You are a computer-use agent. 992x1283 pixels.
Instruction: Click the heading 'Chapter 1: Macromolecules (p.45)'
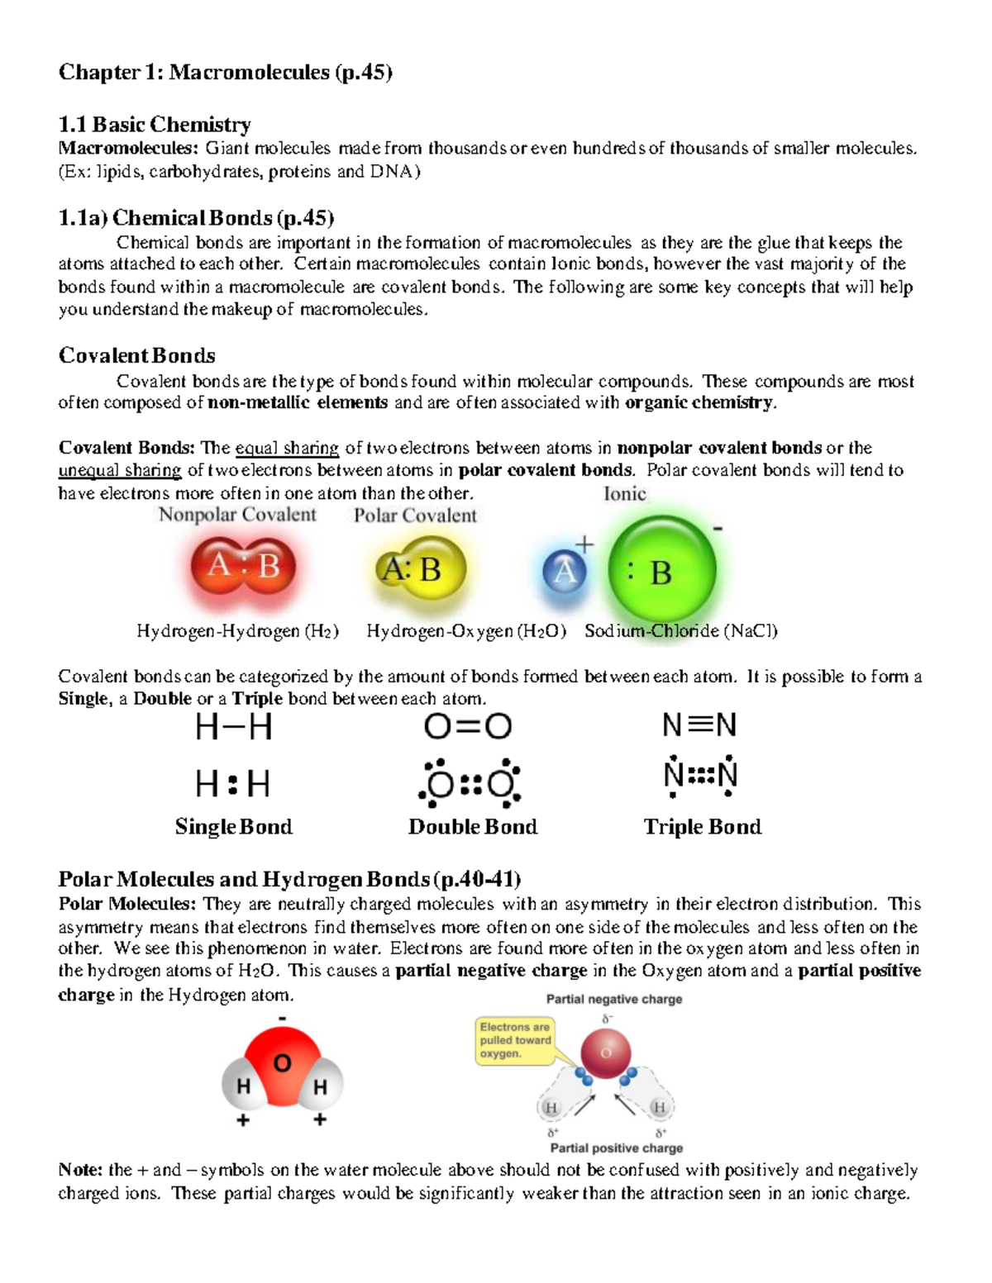tap(225, 73)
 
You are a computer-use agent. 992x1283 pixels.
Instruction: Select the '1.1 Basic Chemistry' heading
tap(155, 125)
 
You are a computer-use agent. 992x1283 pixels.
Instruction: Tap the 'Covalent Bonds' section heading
tap(136, 356)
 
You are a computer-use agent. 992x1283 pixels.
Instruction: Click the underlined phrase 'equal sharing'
tap(287, 449)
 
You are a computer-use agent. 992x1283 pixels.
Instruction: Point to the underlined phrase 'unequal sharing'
tap(120, 471)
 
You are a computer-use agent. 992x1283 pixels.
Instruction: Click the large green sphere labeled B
tap(661, 572)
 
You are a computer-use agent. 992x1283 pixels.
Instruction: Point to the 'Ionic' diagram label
tap(624, 494)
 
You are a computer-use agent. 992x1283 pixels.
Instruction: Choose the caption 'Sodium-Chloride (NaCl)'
tap(681, 631)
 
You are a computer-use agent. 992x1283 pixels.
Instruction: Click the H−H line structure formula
tap(233, 728)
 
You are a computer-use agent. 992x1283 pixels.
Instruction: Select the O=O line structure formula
tap(468, 727)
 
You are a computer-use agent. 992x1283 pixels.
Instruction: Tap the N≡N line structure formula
tap(699, 726)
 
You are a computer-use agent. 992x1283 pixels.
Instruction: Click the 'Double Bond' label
tap(473, 827)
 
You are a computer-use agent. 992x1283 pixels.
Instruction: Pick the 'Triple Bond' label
tap(703, 827)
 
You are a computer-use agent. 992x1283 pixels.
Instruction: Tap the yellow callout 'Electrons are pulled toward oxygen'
tap(515, 1040)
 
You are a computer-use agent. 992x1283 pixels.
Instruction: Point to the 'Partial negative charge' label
tap(614, 1000)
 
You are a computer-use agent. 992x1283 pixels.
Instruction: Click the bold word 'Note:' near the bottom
tap(80, 1171)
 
